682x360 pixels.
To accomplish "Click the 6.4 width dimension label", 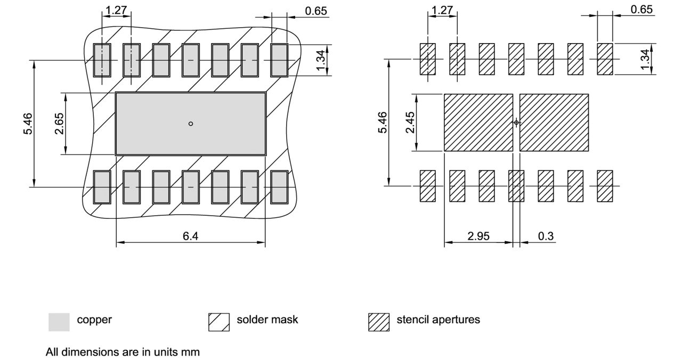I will [191, 236].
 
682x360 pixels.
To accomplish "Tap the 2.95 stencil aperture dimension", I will [478, 236].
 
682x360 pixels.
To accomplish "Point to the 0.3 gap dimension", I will [546, 236].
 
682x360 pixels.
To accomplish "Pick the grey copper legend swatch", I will [59, 322].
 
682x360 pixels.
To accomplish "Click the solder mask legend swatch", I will [218, 322].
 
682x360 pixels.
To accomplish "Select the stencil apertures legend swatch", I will [378, 322].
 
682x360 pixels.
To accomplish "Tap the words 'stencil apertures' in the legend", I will [438, 320].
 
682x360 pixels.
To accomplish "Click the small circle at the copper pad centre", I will [191, 124].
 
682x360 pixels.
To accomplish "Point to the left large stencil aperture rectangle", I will [478, 122].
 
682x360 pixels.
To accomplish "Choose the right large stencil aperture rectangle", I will [554, 122].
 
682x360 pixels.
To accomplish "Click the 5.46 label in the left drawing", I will [28, 124].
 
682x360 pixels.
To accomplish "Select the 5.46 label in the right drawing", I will [382, 123].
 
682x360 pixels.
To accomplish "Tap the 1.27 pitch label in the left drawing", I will [116, 10].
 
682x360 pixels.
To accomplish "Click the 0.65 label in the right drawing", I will [642, 10].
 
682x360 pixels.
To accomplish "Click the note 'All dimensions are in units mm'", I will [123, 352].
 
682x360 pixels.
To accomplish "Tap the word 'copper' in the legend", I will [94, 320].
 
